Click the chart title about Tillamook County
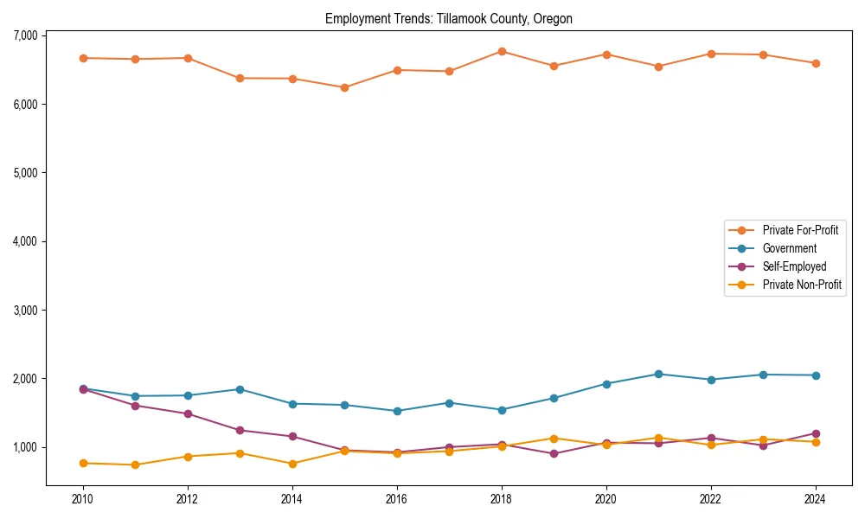tap(448, 18)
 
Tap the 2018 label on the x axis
tap(501, 499)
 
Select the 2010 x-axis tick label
tap(83, 499)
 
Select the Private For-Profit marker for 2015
tap(344, 87)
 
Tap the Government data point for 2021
tap(658, 374)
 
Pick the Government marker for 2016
tap(397, 411)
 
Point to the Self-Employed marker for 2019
tap(554, 453)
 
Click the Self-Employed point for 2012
tap(188, 413)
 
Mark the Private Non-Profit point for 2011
tap(135, 465)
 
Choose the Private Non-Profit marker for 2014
tap(292, 464)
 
